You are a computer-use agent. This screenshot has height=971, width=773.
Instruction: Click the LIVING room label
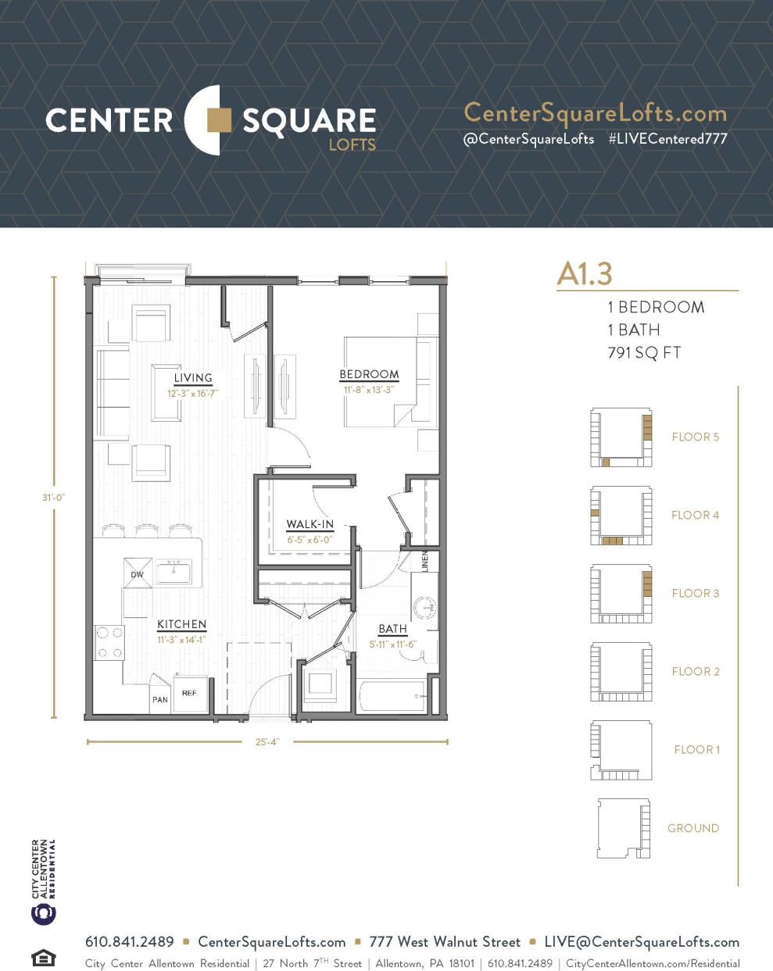193,378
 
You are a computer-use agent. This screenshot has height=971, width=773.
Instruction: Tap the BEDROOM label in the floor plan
369,374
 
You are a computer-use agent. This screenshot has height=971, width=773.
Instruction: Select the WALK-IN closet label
310,524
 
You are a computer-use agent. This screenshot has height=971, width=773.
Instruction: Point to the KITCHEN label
181,624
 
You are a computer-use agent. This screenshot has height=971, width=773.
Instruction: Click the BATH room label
392,629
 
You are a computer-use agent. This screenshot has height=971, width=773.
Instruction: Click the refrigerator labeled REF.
190,693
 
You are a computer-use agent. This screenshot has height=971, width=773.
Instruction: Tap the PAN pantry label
160,699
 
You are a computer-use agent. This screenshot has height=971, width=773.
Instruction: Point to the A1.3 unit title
585,273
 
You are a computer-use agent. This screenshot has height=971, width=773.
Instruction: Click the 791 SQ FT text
644,352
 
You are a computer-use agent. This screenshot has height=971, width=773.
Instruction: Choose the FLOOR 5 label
695,437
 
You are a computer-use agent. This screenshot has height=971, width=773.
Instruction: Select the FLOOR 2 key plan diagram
621,671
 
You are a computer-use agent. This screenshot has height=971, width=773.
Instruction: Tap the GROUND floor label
692,828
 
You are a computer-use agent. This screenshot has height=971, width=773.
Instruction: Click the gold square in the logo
219,120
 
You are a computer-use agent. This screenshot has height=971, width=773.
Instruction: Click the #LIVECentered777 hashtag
667,139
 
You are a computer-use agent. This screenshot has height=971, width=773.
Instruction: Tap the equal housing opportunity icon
43,957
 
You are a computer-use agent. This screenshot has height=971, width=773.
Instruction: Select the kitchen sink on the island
174,571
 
